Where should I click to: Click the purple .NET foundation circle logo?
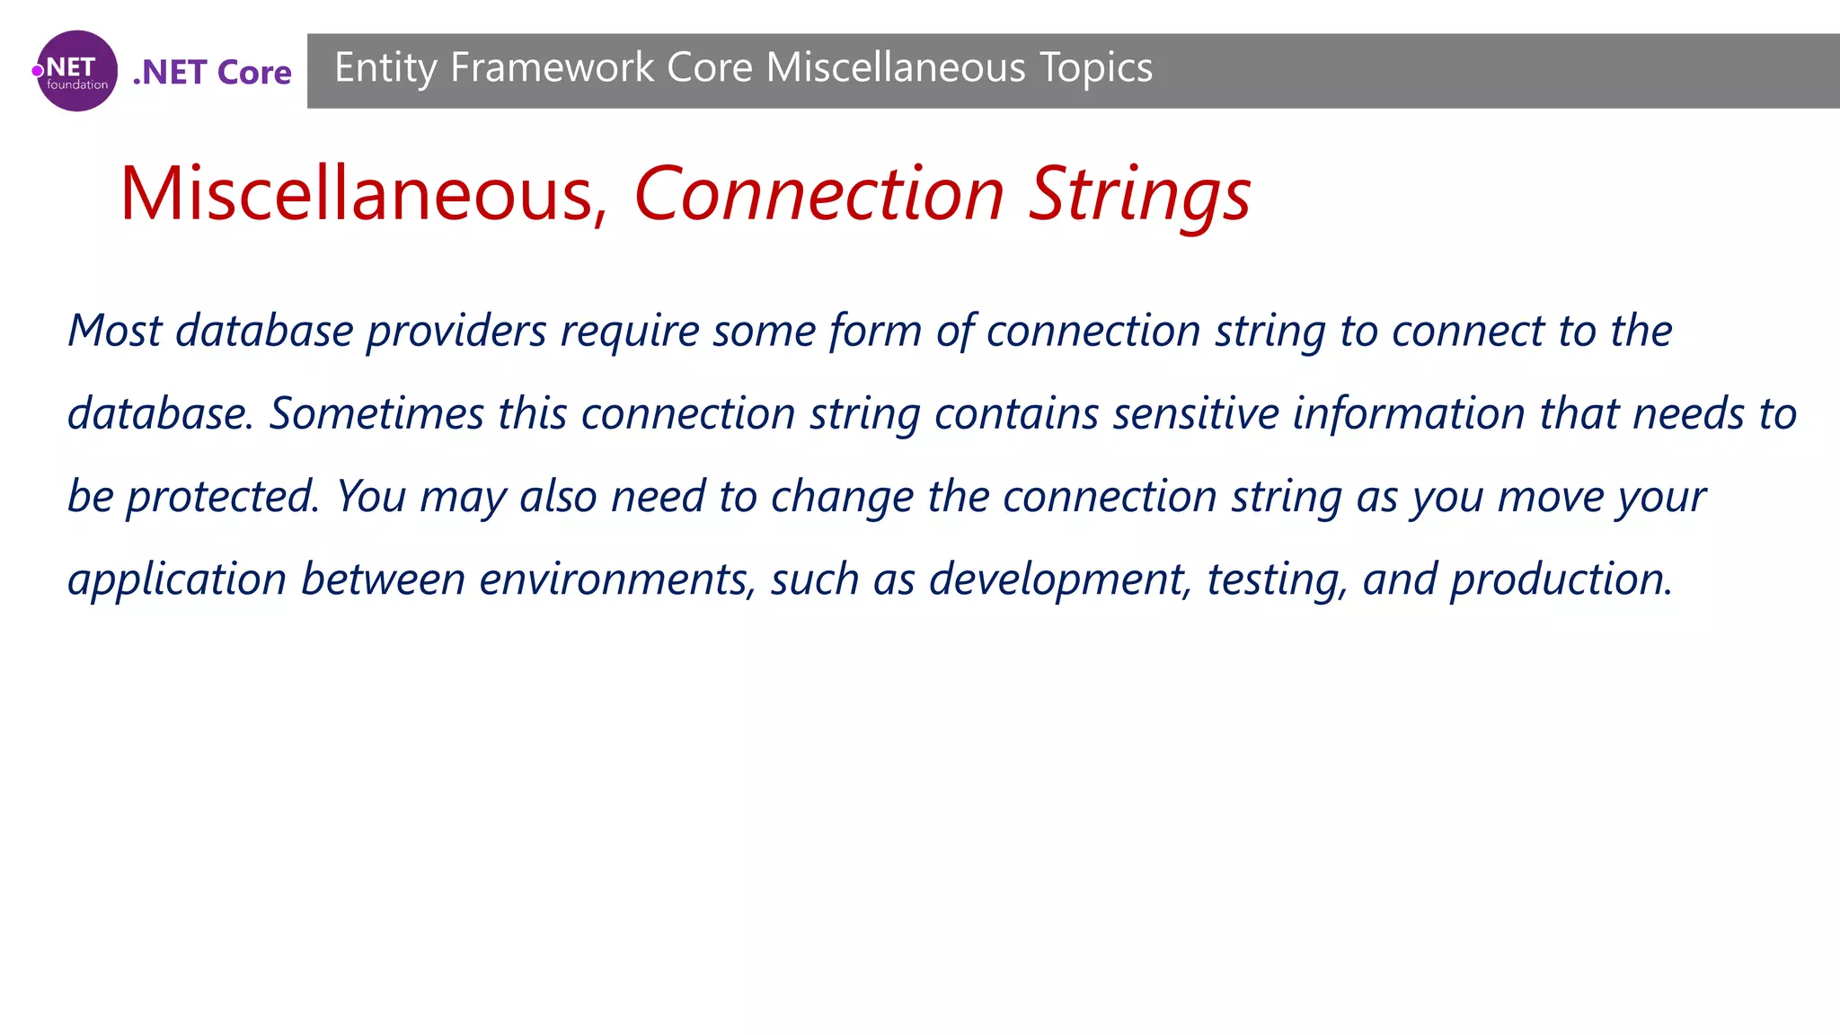pos(76,71)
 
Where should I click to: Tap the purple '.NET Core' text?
pos(212,72)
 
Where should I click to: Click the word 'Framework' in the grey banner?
pos(552,68)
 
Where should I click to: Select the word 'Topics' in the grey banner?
pos(1095,68)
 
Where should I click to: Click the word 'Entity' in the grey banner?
pos(385,68)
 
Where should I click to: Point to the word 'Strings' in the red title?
pos(1139,194)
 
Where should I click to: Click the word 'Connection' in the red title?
pos(818,194)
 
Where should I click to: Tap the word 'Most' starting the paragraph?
pos(114,331)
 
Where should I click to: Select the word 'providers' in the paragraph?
pos(456,331)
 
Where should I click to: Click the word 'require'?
pos(630,331)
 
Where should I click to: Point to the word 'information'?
pos(1409,413)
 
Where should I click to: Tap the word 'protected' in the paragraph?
pos(221,497)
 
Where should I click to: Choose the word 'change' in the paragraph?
pos(842,497)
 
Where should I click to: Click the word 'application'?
pos(177,579)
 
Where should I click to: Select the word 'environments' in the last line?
pos(616,579)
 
